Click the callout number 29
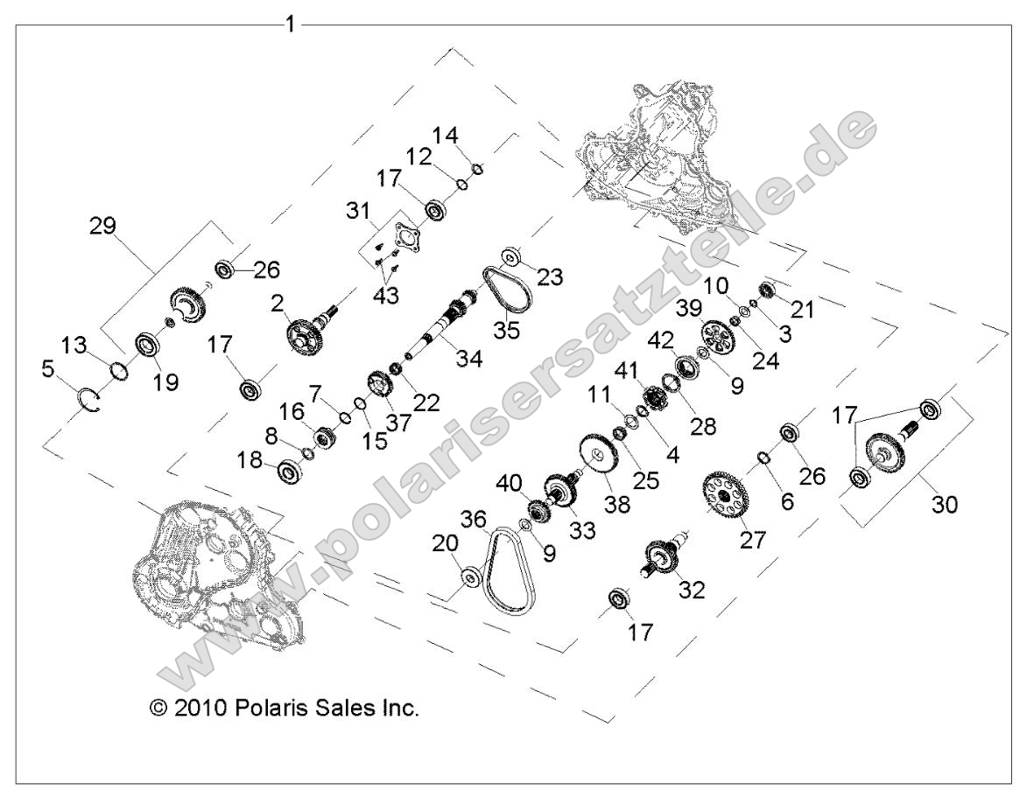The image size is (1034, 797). point(103,225)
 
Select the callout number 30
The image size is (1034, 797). point(944,505)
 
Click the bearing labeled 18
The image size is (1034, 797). point(289,472)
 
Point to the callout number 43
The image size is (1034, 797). point(385,297)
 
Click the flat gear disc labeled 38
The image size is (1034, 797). point(599,455)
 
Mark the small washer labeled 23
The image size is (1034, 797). point(510,258)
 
